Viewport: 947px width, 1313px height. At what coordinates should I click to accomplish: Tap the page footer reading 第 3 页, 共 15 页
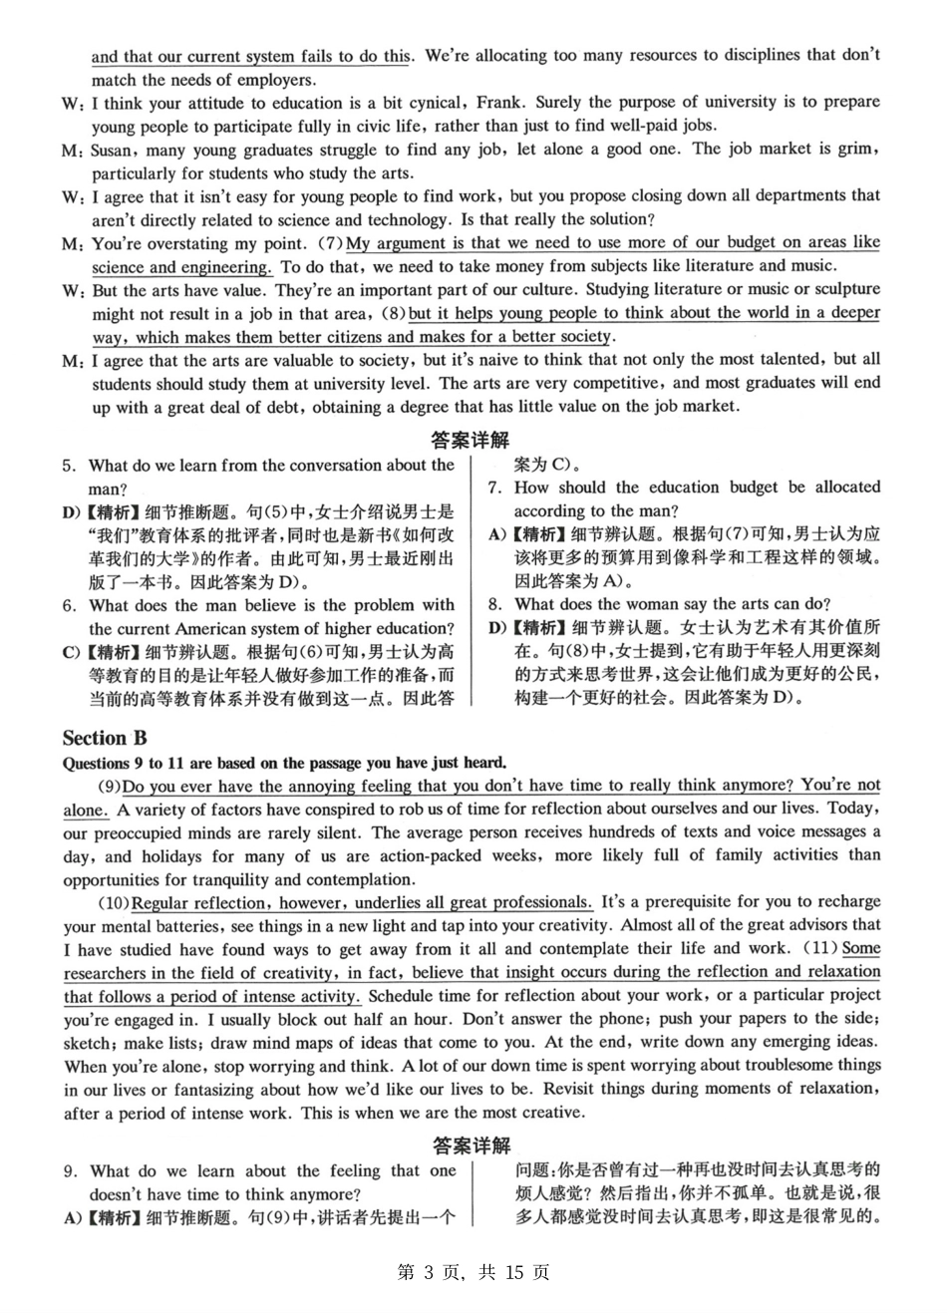click(473, 1272)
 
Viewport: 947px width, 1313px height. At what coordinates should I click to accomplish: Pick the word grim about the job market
click(859, 150)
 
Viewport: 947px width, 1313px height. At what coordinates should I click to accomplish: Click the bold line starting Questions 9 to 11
click(284, 763)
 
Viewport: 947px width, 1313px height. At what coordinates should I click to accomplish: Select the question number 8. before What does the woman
click(494, 604)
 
